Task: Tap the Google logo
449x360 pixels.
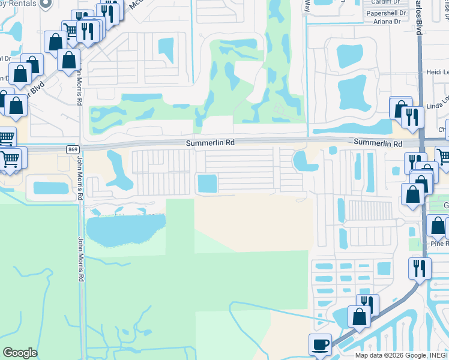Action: coord(20,353)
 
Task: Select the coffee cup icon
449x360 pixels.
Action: coord(320,345)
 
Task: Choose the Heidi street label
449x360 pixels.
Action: coord(436,71)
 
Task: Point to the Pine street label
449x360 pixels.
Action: coord(439,244)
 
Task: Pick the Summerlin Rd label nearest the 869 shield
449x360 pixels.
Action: coord(209,143)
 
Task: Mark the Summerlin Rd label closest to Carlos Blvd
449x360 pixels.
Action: coord(378,143)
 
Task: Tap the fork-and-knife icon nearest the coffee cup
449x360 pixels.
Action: coord(367,305)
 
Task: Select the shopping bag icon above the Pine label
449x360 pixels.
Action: coord(438,226)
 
